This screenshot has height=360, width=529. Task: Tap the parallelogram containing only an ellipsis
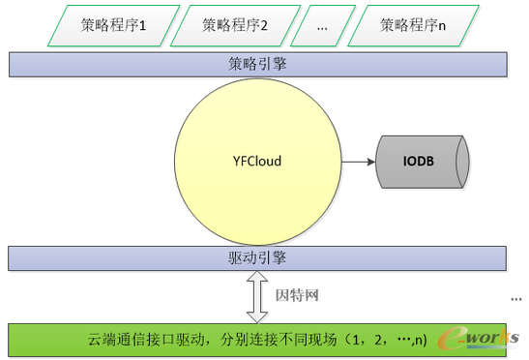point(322,26)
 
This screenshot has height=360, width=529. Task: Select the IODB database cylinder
point(426,161)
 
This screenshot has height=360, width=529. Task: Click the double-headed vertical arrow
point(257,296)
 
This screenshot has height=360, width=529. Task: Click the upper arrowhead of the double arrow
point(257,279)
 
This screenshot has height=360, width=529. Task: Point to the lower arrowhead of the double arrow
point(257,315)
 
